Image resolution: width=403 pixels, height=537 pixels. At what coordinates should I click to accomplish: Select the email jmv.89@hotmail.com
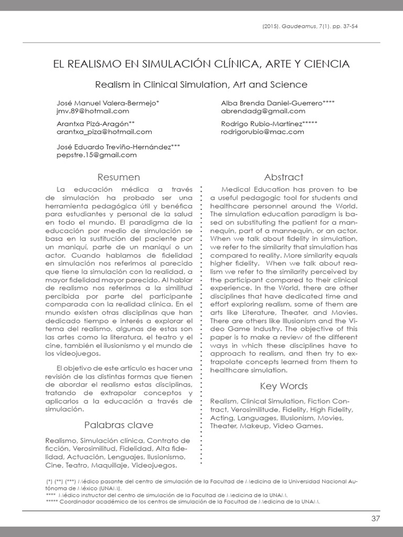pos(92,111)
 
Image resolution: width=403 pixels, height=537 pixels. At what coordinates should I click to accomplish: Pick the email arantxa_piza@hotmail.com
pos(104,132)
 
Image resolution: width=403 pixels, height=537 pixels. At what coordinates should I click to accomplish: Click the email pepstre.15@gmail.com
pos(97,155)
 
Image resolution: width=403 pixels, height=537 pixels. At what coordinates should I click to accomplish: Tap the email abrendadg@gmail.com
pos(263,111)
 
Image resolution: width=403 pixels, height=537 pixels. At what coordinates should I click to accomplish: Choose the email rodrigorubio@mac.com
pos(262,132)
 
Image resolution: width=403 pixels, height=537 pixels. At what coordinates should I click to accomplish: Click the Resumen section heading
pos(119,177)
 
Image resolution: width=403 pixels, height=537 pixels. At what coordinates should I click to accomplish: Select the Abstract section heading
pos(284,177)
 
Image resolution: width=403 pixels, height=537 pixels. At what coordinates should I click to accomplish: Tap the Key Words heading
pos(284,386)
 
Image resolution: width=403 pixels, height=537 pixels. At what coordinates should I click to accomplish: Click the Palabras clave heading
pos(119,425)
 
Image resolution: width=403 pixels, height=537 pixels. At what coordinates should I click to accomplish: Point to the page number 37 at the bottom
pos(375,519)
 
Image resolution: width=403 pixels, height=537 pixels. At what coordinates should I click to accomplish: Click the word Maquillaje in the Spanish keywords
pos(110,465)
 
